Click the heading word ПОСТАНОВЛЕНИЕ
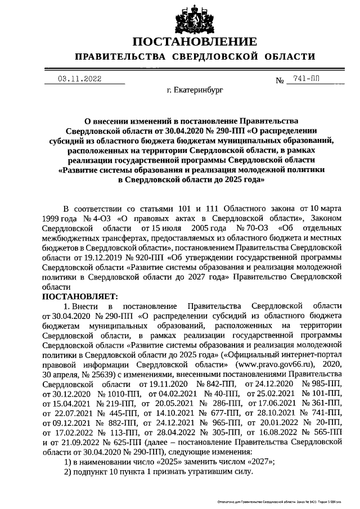[195, 42]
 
